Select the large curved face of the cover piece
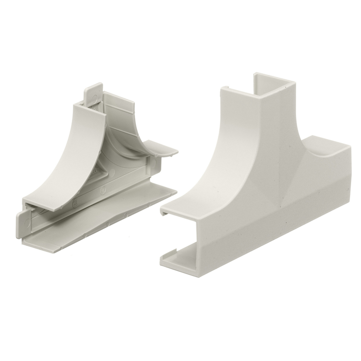point(226,159)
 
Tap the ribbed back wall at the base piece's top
point(120,109)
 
